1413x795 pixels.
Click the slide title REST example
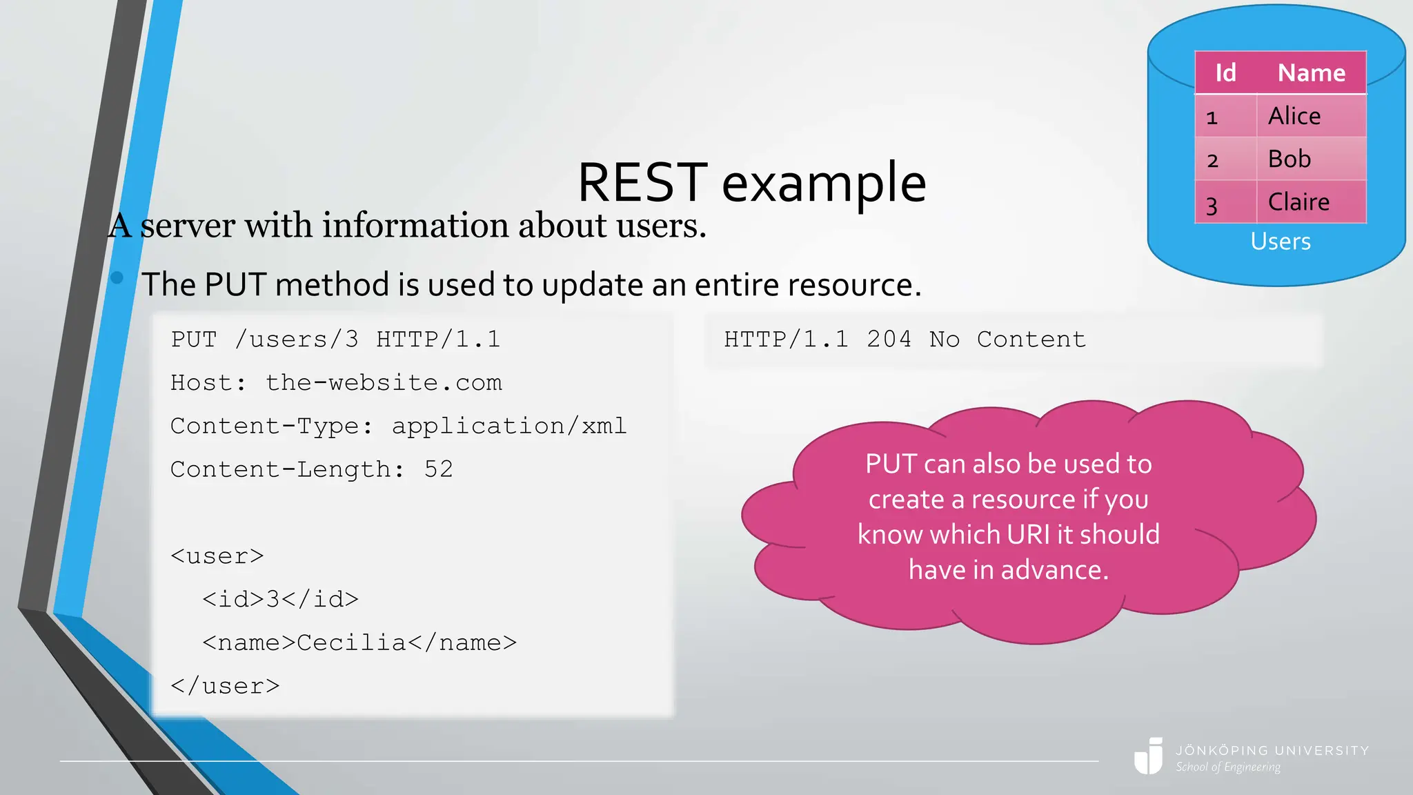tap(751, 183)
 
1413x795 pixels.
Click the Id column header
tap(1225, 72)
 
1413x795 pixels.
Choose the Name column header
tap(1311, 72)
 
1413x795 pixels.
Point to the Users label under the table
tap(1281, 242)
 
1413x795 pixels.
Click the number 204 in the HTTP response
tap(889, 340)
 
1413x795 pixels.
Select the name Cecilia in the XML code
tap(351, 642)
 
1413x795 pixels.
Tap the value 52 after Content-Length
tap(439, 469)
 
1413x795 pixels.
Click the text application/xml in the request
tap(509, 426)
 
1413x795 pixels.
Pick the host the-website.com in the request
tap(384, 383)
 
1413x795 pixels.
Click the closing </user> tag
tap(225, 686)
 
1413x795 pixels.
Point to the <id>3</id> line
tap(280, 599)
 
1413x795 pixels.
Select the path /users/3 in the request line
tap(297, 340)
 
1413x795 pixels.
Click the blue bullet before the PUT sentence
tap(117, 277)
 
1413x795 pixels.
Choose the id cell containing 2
tap(1213, 161)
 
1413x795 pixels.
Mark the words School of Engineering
tap(1228, 767)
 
